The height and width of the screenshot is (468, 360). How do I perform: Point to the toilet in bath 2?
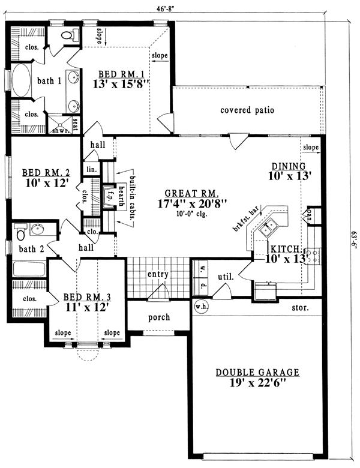click(20, 230)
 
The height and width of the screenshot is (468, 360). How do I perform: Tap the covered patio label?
click(247, 110)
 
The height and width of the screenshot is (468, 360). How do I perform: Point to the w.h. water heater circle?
click(200, 306)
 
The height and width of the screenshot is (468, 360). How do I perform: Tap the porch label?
click(159, 317)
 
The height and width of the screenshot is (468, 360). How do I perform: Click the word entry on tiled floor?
click(157, 274)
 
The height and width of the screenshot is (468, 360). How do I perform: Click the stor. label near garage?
click(300, 308)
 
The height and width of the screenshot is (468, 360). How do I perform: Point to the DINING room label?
click(289, 166)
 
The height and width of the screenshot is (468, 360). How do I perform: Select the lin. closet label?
click(91, 170)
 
